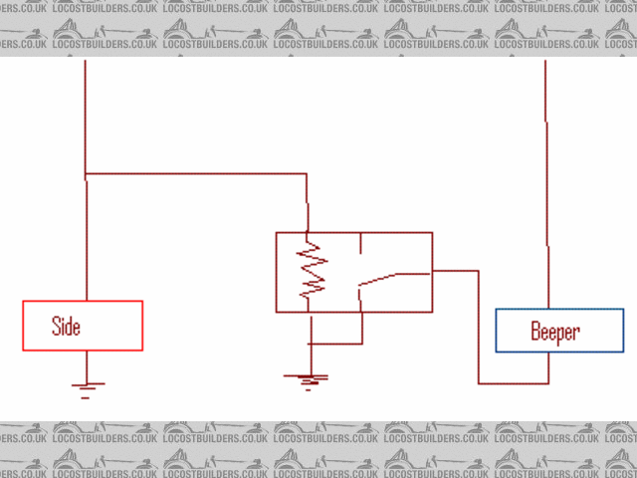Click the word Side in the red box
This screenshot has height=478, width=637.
click(66, 327)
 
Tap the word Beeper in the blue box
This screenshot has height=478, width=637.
click(554, 332)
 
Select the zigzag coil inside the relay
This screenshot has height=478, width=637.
click(313, 267)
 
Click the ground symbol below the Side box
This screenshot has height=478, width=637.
click(87, 386)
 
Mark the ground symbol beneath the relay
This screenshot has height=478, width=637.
click(311, 378)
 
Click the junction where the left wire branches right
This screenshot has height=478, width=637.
click(87, 174)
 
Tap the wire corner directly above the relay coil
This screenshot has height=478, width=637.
click(306, 174)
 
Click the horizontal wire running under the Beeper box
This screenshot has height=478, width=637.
click(513, 382)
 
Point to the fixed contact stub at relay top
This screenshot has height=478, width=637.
click(360, 247)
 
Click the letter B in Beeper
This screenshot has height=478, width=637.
click(535, 332)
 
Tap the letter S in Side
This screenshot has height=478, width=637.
click(56, 327)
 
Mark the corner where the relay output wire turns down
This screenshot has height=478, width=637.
click(479, 270)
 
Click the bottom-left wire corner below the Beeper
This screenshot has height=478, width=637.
click(479, 382)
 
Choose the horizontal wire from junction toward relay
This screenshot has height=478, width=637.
click(199, 174)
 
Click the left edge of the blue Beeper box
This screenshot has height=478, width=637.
click(497, 331)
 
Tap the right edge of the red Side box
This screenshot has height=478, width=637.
click(142, 326)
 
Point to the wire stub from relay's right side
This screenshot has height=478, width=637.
click(455, 270)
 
